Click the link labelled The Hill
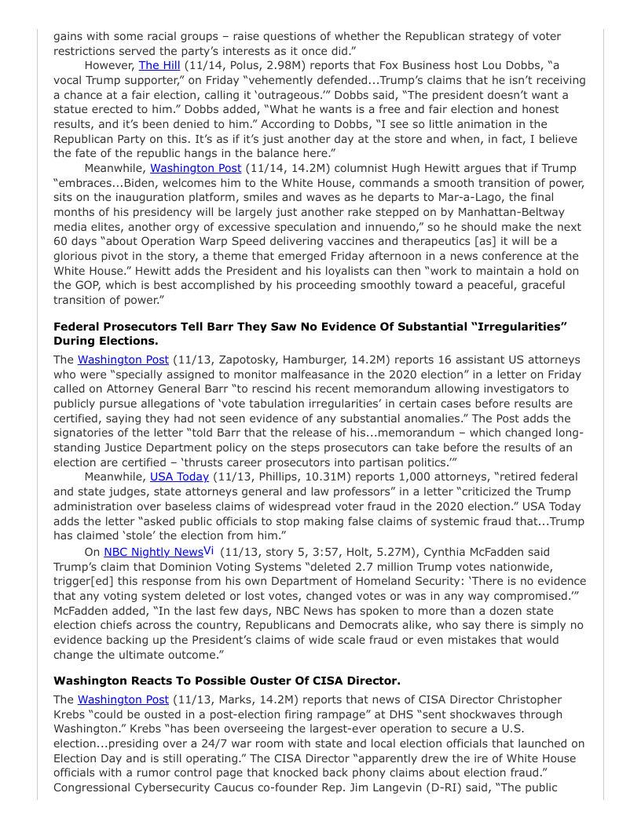click(159, 65)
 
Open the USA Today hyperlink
click(179, 477)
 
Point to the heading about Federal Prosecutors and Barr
click(310, 333)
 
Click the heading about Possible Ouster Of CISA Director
click(226, 680)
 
